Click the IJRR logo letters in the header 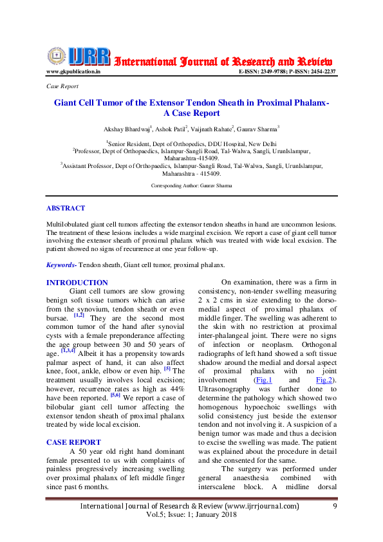click(x=91, y=57)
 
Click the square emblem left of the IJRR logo click(x=57, y=56)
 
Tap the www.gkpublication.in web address click(x=73, y=71)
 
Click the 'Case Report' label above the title click(x=62, y=86)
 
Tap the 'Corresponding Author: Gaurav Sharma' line click(x=191, y=185)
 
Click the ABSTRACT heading click(x=66, y=209)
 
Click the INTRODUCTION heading click(x=77, y=283)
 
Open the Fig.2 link click(x=323, y=380)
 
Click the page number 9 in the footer click(x=335, y=507)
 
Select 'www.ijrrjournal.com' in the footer click(x=261, y=507)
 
